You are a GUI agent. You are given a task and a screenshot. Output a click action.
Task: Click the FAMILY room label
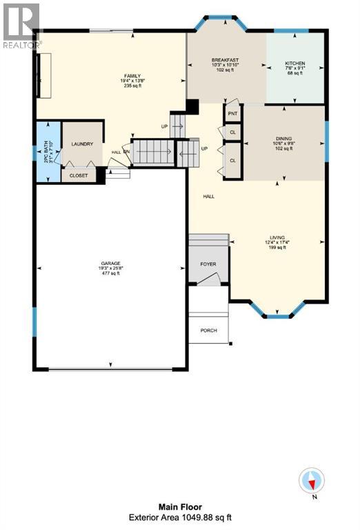pos(132,75)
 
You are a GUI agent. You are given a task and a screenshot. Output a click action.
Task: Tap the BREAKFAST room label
pos(225,60)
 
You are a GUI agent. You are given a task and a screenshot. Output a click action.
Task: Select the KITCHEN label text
pos(294,63)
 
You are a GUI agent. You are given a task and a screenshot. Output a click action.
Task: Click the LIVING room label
pos(278,237)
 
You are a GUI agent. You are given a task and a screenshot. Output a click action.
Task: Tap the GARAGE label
pos(110,263)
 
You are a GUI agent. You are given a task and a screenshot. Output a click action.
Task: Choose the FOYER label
pos(208,264)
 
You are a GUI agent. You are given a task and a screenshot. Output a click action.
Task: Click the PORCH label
pos(208,331)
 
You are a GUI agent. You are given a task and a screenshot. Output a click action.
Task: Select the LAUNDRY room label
pos(82,144)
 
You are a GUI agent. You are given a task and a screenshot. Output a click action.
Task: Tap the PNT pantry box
pos(232,112)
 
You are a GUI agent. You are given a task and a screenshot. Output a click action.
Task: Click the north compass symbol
pos(312,480)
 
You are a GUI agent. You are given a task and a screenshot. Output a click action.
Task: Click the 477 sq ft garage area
pos(110,274)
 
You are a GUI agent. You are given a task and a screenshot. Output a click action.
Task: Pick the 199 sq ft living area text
pos(278,248)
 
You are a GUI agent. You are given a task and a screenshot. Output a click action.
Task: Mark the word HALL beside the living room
pos(208,197)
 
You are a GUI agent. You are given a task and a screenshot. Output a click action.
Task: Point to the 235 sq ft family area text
pos(132,86)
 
